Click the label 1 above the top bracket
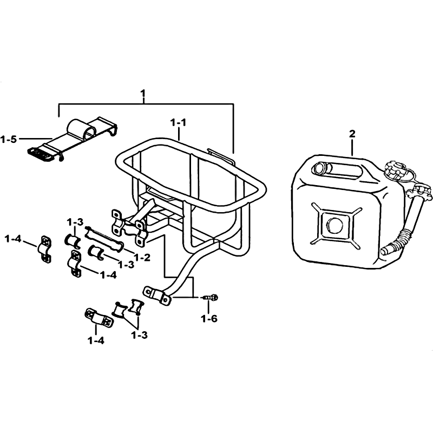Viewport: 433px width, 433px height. [143, 94]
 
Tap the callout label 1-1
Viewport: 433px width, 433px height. [179, 122]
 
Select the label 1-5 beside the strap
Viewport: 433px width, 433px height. [9, 140]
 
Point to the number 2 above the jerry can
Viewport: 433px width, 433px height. [352, 134]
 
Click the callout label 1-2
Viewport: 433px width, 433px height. [142, 258]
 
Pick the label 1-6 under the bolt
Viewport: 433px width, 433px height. [209, 319]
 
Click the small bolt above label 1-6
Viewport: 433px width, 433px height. [211, 298]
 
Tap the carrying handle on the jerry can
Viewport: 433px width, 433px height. [337, 170]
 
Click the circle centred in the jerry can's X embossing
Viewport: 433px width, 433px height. [334, 225]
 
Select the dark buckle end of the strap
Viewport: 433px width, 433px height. [41, 154]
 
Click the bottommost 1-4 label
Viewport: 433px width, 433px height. [96, 341]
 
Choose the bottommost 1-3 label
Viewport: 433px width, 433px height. [139, 336]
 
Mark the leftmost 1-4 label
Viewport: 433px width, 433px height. [12, 239]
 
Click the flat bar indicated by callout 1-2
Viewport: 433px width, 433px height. [104, 239]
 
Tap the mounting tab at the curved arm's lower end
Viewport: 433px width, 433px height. [156, 296]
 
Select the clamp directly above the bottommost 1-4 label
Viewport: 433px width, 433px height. [98, 318]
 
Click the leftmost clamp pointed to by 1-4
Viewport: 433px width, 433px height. [44, 250]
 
